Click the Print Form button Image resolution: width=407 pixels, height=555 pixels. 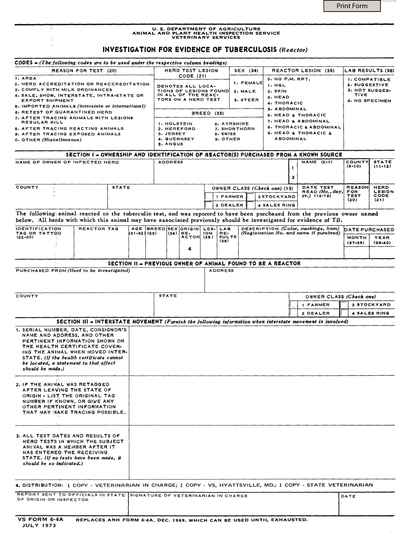point(352,6)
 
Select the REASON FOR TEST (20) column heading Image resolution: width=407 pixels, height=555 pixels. point(84,71)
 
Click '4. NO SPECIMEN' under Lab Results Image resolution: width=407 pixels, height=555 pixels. point(369,101)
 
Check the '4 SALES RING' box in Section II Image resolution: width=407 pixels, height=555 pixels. point(344,313)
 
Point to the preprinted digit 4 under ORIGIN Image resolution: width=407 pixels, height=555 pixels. point(189,249)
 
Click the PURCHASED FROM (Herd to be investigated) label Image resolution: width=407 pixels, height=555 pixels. point(72,271)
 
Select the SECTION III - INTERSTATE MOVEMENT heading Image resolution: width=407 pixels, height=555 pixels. point(110,322)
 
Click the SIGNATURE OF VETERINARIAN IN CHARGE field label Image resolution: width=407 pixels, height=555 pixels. point(189,496)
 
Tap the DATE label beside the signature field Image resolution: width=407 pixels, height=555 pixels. point(348,497)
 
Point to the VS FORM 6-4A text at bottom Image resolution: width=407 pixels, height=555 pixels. point(40,519)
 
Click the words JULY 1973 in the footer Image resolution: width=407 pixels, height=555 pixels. point(39,525)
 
